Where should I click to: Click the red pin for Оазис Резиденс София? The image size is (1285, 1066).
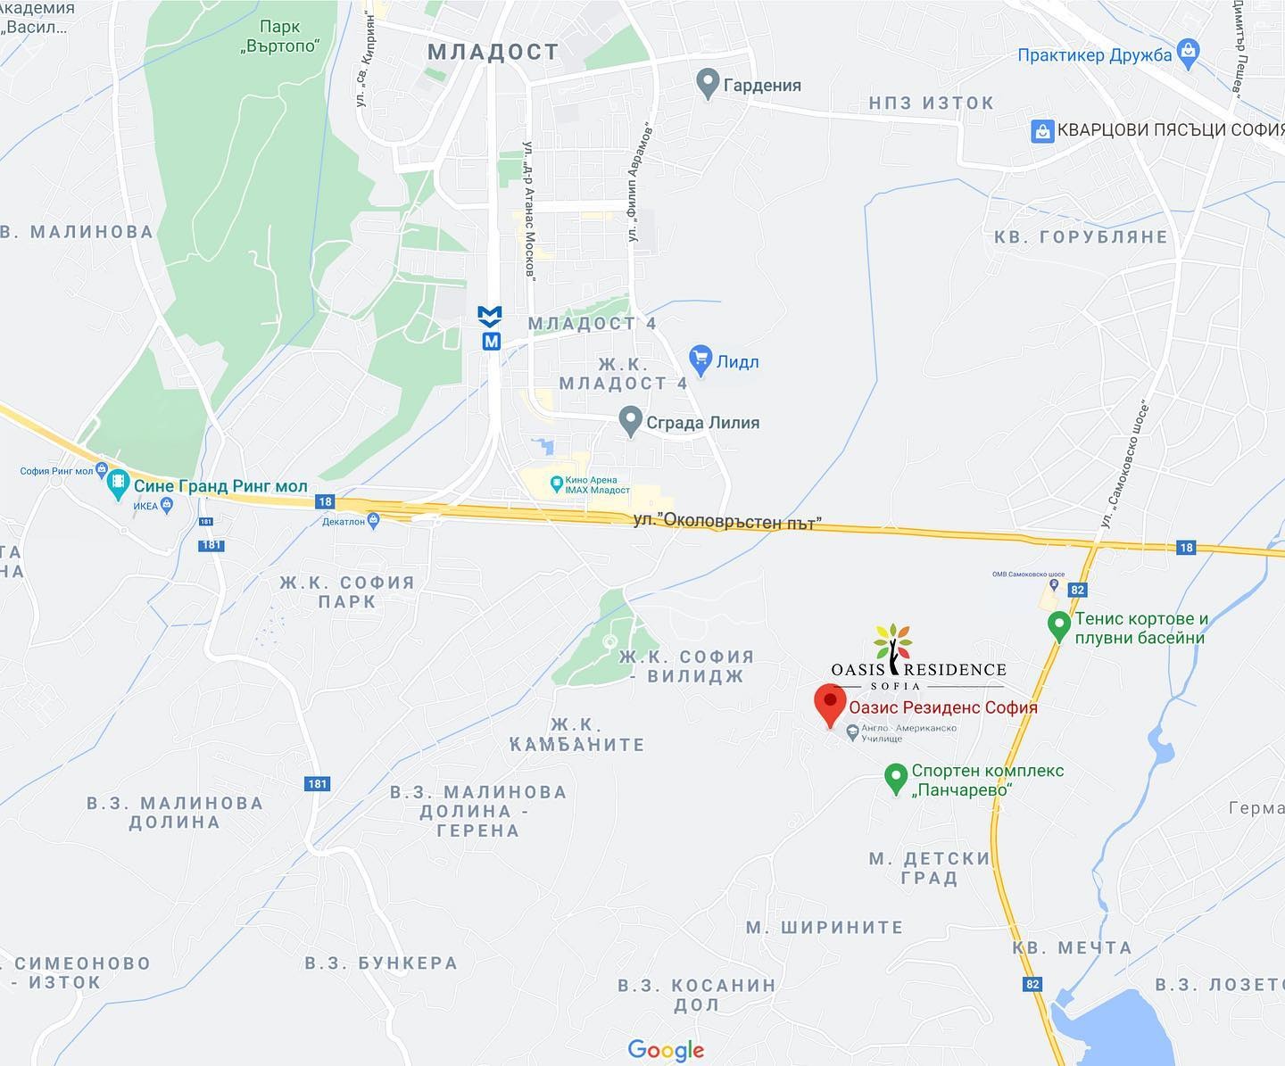click(830, 704)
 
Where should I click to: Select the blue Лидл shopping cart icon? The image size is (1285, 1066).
click(701, 360)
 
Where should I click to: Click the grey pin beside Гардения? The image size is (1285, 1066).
click(707, 84)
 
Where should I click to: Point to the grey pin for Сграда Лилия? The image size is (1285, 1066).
click(631, 421)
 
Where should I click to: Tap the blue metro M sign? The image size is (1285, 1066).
click(491, 327)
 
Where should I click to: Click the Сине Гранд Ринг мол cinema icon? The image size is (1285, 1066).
click(118, 485)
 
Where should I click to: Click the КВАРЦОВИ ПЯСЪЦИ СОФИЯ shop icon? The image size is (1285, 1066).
click(1042, 130)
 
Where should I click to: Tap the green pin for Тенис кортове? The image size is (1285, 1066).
click(1058, 625)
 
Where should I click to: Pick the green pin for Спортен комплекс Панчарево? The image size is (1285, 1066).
click(895, 777)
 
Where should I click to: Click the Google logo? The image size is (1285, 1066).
click(666, 1050)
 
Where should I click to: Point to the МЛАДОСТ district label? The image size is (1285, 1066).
click(493, 52)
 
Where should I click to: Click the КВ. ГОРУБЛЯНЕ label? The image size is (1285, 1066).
click(1081, 237)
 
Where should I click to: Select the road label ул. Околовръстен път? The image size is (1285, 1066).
click(726, 521)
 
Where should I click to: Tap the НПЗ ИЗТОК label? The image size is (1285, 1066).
click(931, 103)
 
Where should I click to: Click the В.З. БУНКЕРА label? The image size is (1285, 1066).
click(381, 963)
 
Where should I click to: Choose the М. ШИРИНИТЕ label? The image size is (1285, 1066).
click(825, 928)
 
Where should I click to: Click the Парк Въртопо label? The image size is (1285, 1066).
click(279, 36)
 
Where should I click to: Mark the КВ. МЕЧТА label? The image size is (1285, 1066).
click(1072, 948)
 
